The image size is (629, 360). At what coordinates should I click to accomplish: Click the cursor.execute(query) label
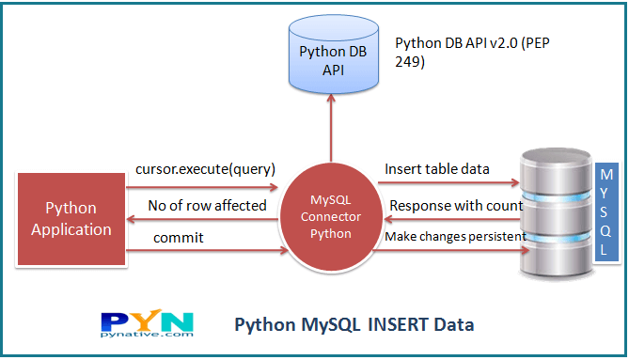click(205, 169)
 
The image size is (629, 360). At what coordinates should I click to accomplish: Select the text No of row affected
click(207, 205)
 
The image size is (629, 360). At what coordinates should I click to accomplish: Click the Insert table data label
click(437, 169)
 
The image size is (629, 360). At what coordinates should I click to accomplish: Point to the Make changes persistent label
click(454, 237)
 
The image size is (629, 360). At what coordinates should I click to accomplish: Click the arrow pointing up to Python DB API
click(330, 132)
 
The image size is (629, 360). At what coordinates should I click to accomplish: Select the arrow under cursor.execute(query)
click(206, 184)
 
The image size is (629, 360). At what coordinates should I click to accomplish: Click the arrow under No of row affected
click(206, 219)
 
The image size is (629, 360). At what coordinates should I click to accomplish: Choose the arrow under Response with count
click(450, 217)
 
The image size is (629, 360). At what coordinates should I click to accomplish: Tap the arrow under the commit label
click(206, 252)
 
